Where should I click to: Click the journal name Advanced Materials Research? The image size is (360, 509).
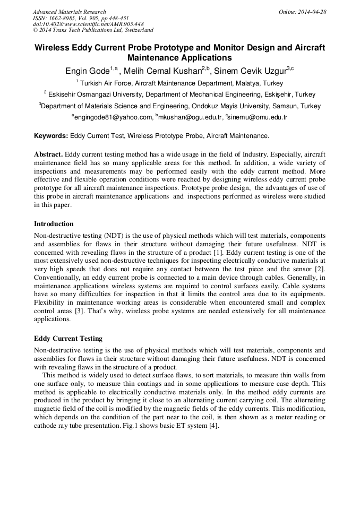[69, 12]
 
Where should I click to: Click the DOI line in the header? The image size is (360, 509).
[88, 24]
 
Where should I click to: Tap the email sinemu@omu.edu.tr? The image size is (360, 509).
[257, 117]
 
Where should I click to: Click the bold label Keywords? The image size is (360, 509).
[51, 136]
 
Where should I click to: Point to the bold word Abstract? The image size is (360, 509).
[48, 154]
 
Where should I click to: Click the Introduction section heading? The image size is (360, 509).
[54, 224]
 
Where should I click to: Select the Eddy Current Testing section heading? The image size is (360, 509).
[68, 338]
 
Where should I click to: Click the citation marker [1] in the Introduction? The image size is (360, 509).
[217, 253]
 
